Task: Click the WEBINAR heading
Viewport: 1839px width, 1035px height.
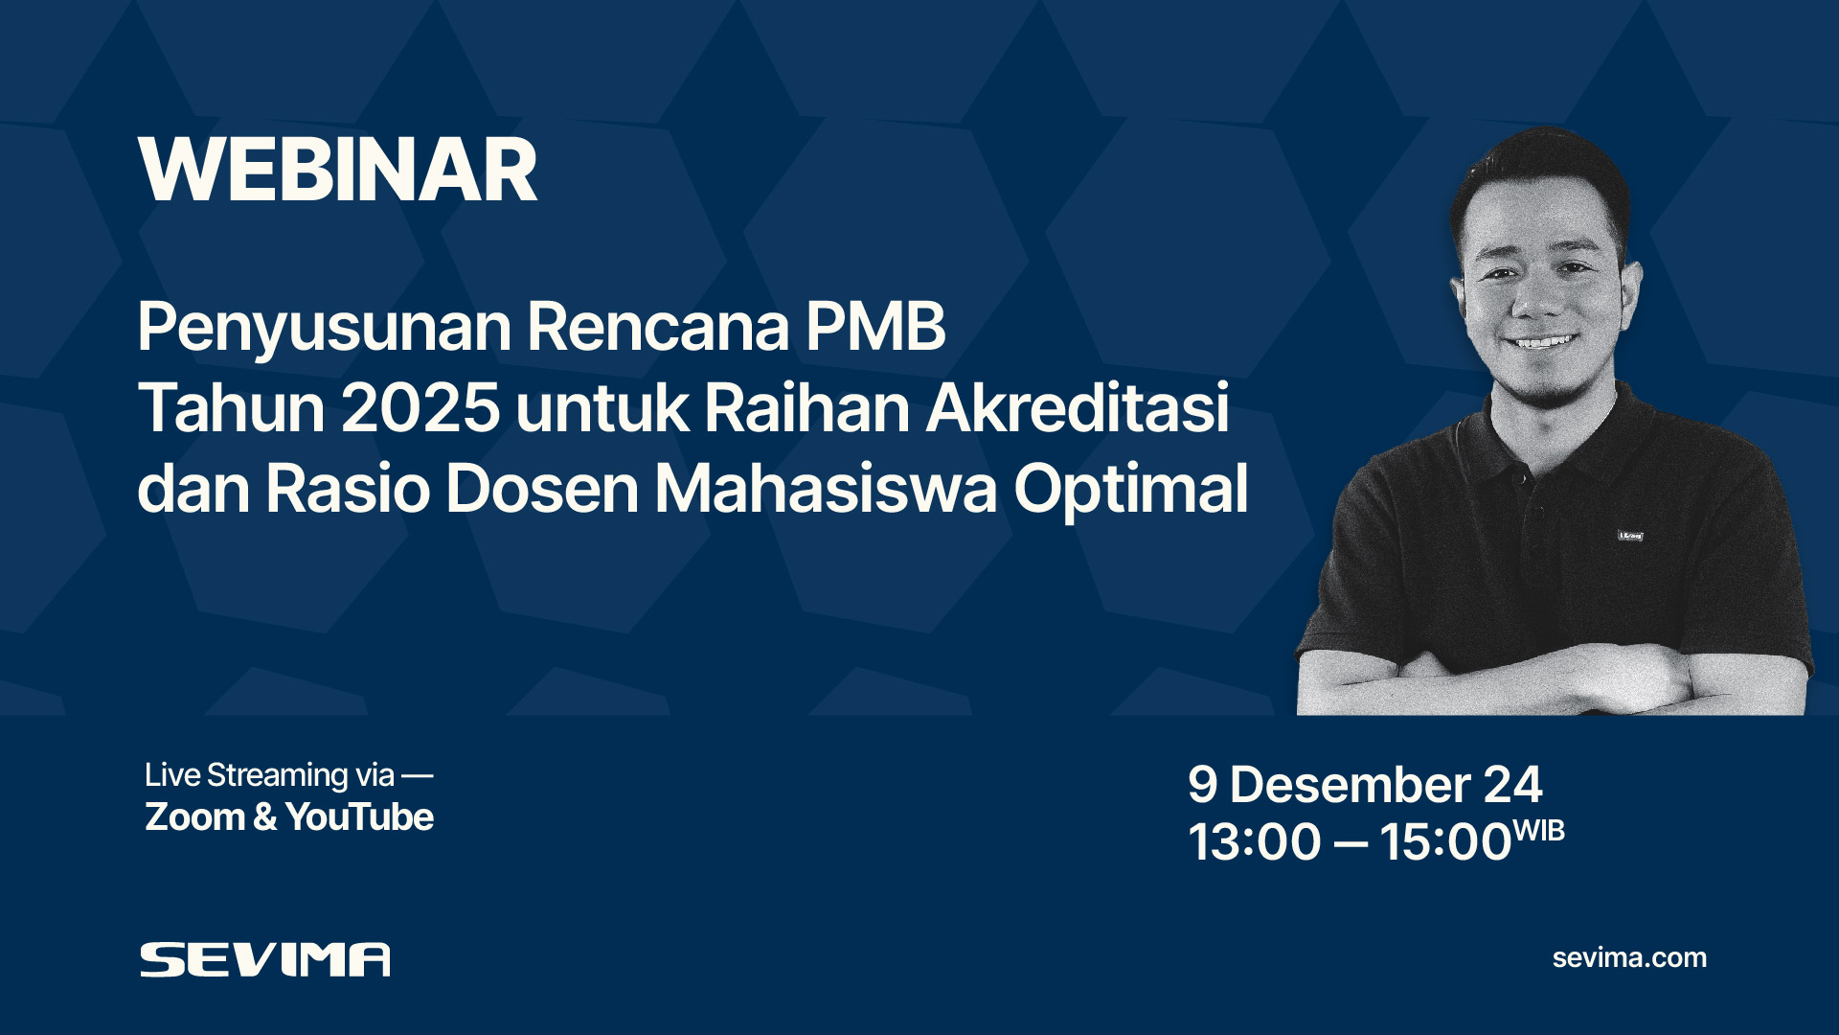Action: coord(337,171)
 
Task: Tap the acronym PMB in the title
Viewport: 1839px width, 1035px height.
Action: coord(875,327)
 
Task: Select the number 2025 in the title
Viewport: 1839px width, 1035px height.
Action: coord(420,408)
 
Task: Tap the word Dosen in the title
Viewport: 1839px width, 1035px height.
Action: coord(541,489)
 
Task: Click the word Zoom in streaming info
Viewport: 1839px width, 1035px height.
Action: coord(195,817)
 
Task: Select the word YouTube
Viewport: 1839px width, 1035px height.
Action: coord(359,817)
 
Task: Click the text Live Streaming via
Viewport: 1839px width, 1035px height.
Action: coord(269,774)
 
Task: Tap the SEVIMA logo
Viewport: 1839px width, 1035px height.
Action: coord(265,959)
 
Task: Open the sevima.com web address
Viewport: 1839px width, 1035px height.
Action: coord(1629,957)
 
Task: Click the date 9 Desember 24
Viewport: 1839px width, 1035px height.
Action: coord(1365,785)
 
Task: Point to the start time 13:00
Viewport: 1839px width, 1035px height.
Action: coord(1255,842)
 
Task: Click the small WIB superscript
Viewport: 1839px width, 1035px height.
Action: coord(1538,830)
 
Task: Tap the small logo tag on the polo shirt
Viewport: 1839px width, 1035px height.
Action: coord(1630,536)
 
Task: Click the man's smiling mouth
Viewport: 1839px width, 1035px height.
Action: coord(1542,341)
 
